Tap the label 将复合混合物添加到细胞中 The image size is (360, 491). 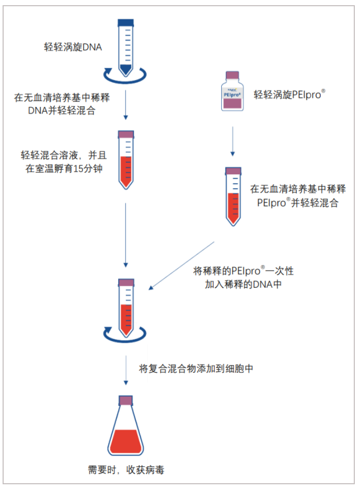point(196,369)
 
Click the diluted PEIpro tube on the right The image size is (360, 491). point(233,196)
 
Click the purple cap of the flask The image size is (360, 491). point(126,400)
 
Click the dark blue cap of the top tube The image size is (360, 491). point(126,23)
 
